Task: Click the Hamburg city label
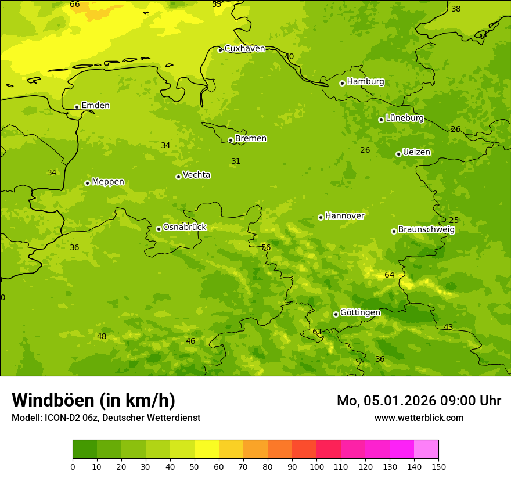pyautogui.click(x=365, y=82)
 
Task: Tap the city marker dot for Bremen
pyautogui.click(x=231, y=140)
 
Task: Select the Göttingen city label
pyautogui.click(x=360, y=313)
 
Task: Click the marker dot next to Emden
pyautogui.click(x=77, y=107)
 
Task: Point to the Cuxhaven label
pyautogui.click(x=244, y=49)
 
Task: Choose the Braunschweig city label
pyautogui.click(x=426, y=230)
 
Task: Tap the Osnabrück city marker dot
pyautogui.click(x=159, y=229)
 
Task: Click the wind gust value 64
pyautogui.click(x=389, y=275)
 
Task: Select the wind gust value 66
pyautogui.click(x=75, y=5)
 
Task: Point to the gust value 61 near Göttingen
pyautogui.click(x=317, y=332)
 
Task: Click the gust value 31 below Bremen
pyautogui.click(x=236, y=161)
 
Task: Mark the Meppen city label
pyautogui.click(x=108, y=182)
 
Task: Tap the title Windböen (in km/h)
pyautogui.click(x=93, y=400)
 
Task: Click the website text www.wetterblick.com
pyautogui.click(x=419, y=418)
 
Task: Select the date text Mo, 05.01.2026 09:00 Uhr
pyautogui.click(x=419, y=401)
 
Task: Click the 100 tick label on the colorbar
pyautogui.click(x=316, y=467)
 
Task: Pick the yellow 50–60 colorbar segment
pyautogui.click(x=207, y=449)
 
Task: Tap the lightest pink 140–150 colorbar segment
pyautogui.click(x=426, y=449)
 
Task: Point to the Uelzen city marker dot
pyautogui.click(x=398, y=154)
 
